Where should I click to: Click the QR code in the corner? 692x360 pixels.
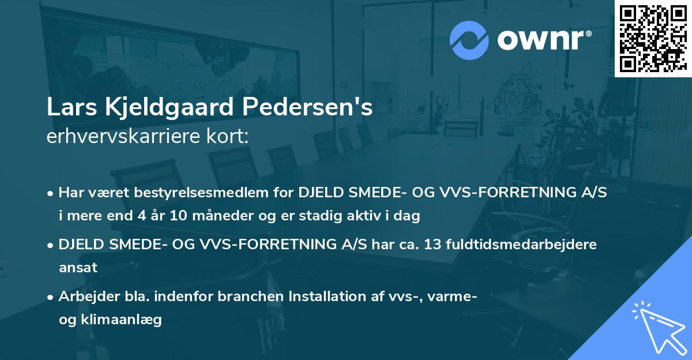[653, 38]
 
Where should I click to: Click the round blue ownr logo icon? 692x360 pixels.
[469, 40]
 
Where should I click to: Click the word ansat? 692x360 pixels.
[78, 268]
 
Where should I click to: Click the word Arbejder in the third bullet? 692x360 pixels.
[85, 297]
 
